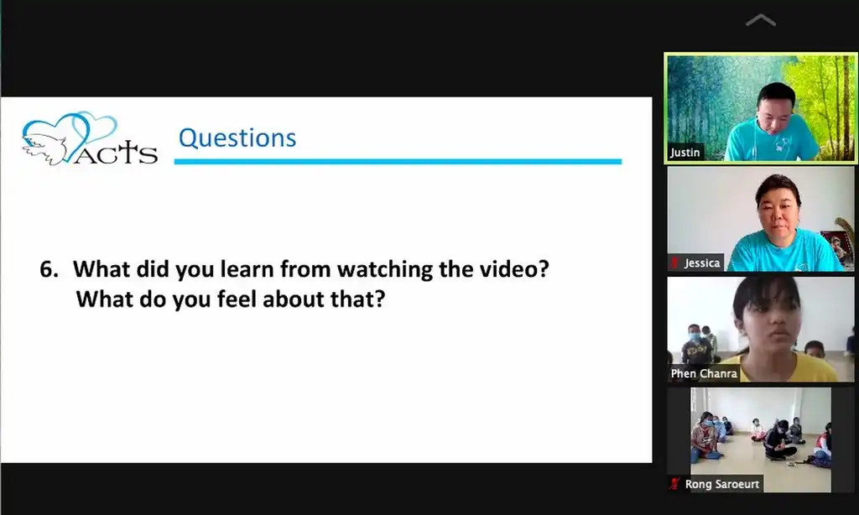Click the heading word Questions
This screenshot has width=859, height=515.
[x=237, y=138]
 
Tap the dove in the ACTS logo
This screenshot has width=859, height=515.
[x=44, y=148]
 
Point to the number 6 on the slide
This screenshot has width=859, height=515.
[x=49, y=269]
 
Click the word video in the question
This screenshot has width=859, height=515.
[x=514, y=268]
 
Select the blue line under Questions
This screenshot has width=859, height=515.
[x=398, y=162]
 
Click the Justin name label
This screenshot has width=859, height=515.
[x=685, y=153]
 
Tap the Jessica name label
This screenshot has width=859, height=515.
[x=702, y=263]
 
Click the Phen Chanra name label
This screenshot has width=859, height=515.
[x=704, y=373]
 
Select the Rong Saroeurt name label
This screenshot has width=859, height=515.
[x=722, y=484]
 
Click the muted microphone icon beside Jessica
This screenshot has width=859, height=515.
[x=674, y=263]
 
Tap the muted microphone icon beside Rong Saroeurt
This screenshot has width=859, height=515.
[x=674, y=484]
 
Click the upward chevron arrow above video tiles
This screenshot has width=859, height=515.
[x=761, y=20]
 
